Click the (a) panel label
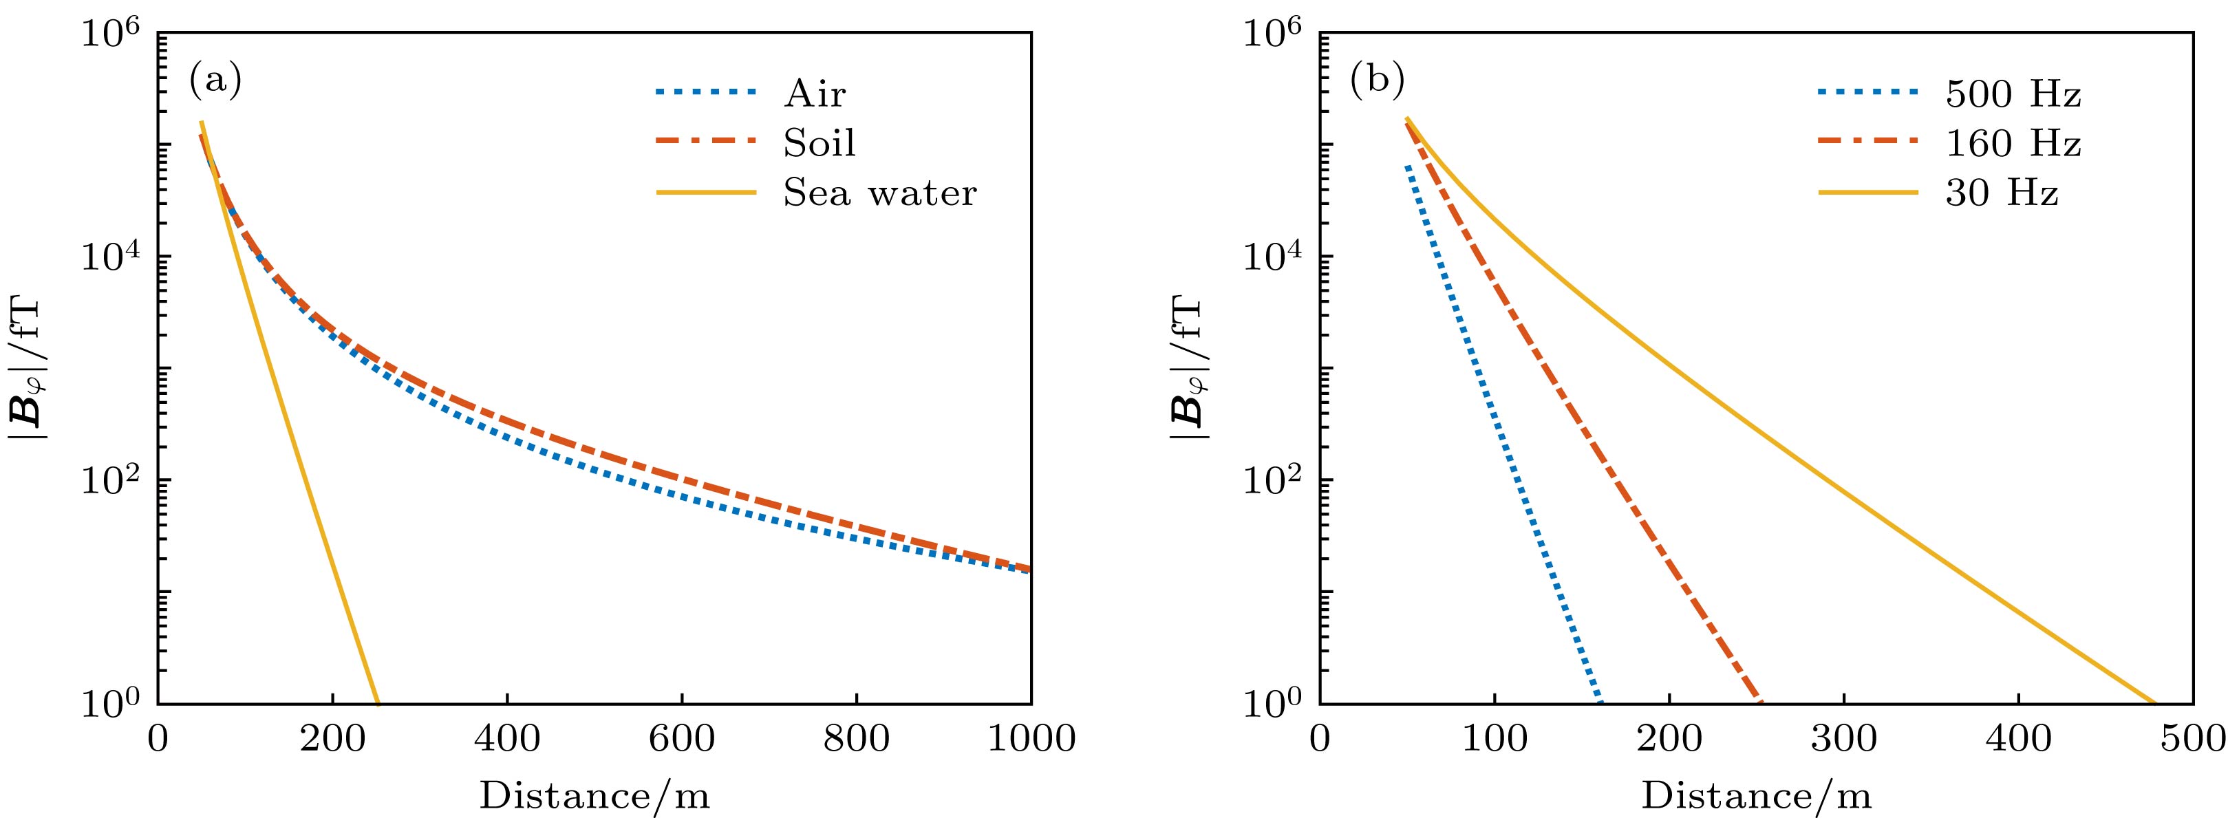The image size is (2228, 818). pyautogui.click(x=215, y=80)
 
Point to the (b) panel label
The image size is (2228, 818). pyautogui.click(x=1377, y=80)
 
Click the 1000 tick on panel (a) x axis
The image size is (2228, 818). pyautogui.click(x=1031, y=740)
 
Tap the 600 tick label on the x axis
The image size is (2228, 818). pyautogui.click(x=682, y=740)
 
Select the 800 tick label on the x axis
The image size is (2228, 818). pyautogui.click(x=856, y=740)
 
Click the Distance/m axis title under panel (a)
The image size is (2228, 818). pyautogui.click(x=595, y=794)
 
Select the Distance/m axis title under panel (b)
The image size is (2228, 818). pyautogui.click(x=1757, y=794)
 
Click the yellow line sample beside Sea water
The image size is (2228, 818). pyautogui.click(x=706, y=193)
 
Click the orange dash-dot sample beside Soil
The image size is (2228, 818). pyautogui.click(x=706, y=142)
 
